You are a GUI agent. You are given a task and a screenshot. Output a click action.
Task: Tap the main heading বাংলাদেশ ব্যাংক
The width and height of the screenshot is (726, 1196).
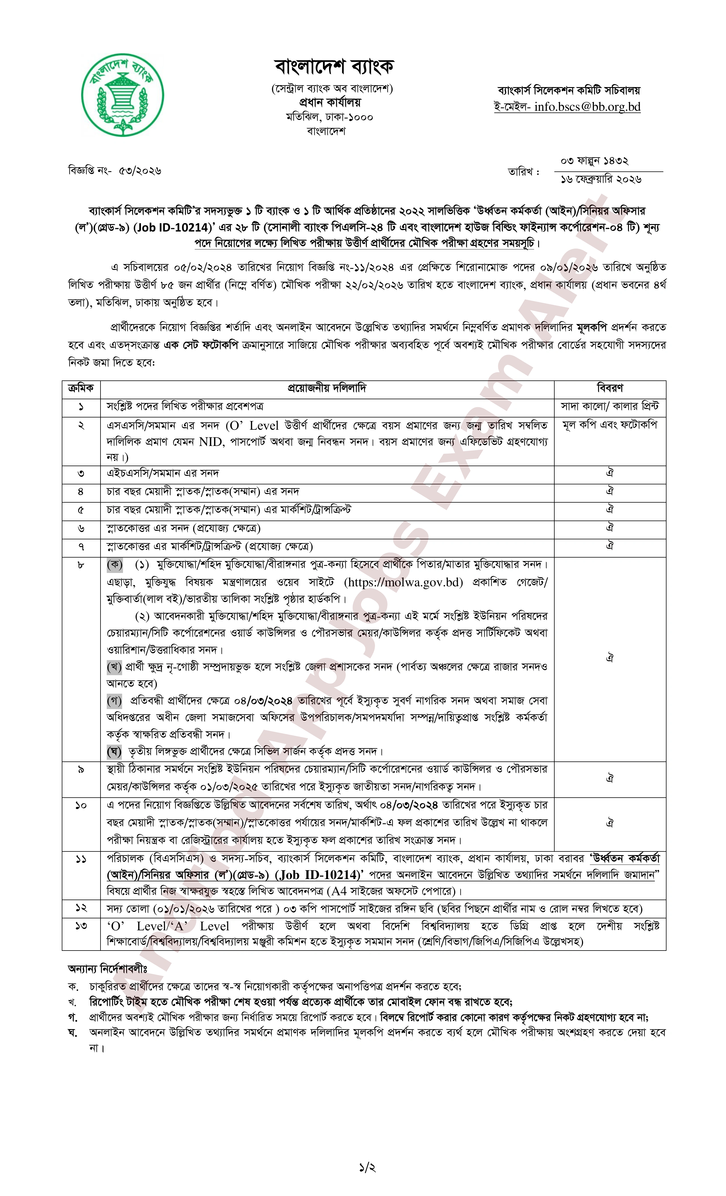click(334, 67)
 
